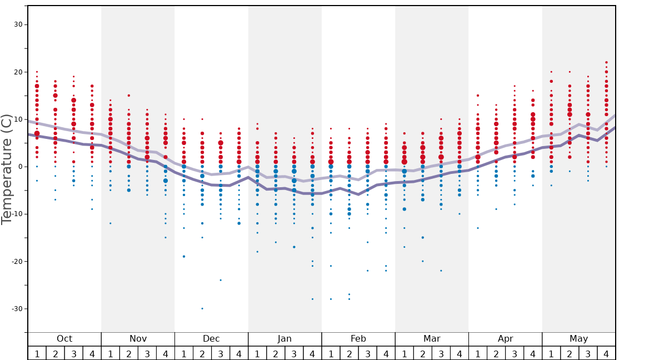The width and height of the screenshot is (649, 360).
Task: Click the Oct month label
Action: pyautogui.click(x=64, y=339)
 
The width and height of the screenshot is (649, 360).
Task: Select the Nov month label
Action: pyautogui.click(x=138, y=339)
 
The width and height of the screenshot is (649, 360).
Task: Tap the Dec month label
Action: pyautogui.click(x=211, y=339)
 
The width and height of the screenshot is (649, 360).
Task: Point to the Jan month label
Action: pyautogui.click(x=284, y=339)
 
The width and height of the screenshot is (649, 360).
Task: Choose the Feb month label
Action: pyautogui.click(x=358, y=339)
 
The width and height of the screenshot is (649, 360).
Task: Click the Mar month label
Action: pyautogui.click(x=432, y=339)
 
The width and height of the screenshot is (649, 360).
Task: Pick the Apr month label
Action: pyautogui.click(x=505, y=339)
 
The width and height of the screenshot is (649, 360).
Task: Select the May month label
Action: pyautogui.click(x=578, y=339)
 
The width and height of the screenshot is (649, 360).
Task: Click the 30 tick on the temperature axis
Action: pyautogui.click(x=18, y=24)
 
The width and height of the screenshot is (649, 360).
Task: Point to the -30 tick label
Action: pyautogui.click(x=16, y=309)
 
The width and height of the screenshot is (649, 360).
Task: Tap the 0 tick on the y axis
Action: pyautogui.click(x=20, y=167)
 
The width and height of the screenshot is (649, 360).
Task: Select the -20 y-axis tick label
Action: pyautogui.click(x=16, y=262)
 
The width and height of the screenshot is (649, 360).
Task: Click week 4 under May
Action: pyautogui.click(x=606, y=353)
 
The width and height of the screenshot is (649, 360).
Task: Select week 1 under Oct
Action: pyautogui.click(x=37, y=353)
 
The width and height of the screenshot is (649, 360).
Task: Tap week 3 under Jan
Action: pyautogui.click(x=294, y=353)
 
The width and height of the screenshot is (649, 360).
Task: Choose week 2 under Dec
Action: pyautogui.click(x=202, y=353)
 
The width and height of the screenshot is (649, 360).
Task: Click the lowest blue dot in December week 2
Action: pyautogui.click(x=202, y=308)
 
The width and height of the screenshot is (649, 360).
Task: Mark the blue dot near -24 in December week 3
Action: pyautogui.click(x=221, y=280)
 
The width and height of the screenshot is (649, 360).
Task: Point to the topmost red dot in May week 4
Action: pyautogui.click(x=606, y=62)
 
